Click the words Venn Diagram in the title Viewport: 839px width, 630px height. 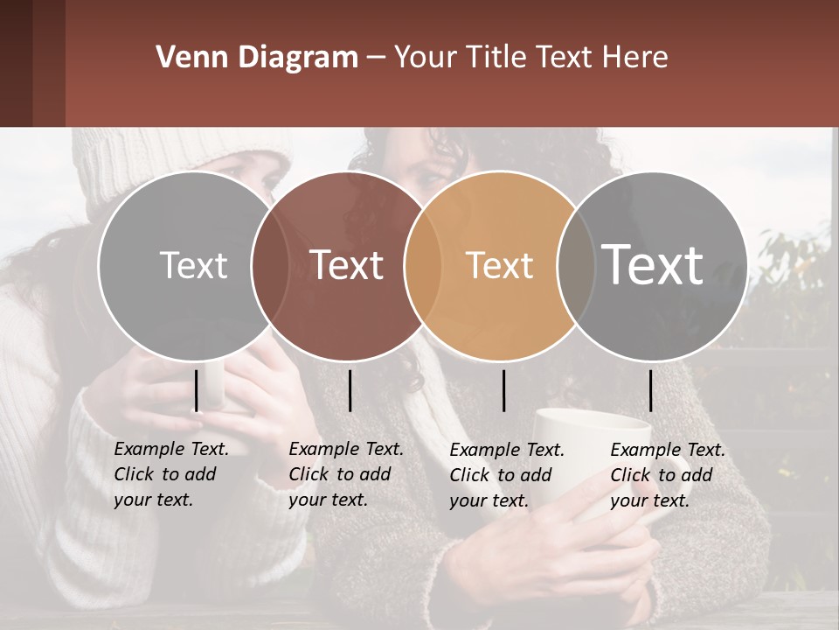pos(257,58)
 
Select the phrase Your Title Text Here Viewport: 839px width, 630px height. pos(530,58)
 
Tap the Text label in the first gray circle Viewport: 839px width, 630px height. pos(193,265)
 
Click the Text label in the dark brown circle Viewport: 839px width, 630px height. pos(347,265)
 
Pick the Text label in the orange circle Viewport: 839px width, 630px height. pos(500,265)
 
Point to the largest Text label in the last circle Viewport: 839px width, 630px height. pos(653,265)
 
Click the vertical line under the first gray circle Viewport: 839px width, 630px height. pos(197,390)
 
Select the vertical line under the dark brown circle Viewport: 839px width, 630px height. pos(350,390)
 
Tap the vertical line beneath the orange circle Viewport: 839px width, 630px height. pos(504,390)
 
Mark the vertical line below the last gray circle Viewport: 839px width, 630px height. pos(651,390)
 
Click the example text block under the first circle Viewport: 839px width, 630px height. pos(171,474)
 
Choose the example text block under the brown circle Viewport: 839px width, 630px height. pos(346,474)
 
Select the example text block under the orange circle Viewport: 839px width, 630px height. pos(507,475)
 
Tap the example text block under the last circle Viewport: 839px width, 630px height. pos(668,475)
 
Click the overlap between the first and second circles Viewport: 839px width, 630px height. pos(270,265)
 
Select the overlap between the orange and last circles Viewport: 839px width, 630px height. pos(576,265)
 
